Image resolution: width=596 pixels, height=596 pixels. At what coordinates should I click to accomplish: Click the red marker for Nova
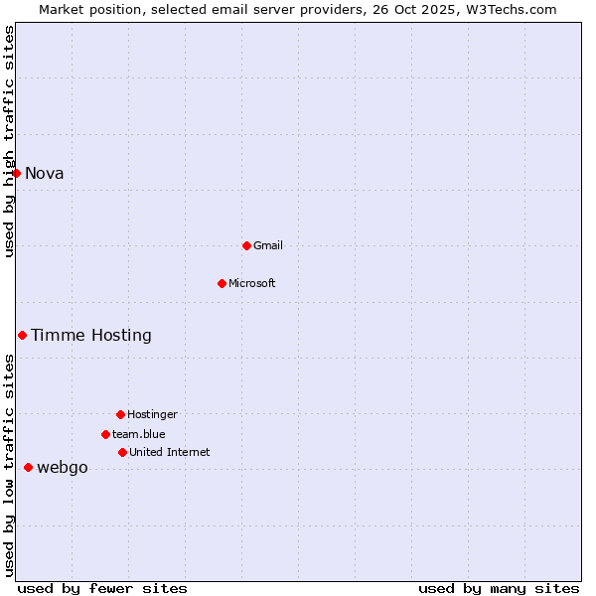click(16, 173)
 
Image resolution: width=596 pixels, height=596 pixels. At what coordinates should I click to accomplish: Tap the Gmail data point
click(246, 245)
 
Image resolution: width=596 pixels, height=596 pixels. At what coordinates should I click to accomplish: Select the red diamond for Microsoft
click(222, 283)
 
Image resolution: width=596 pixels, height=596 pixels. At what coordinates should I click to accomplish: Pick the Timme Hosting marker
click(22, 335)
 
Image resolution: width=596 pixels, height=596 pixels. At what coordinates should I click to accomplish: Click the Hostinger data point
click(120, 414)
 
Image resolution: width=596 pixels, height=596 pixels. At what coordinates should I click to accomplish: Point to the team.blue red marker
click(105, 434)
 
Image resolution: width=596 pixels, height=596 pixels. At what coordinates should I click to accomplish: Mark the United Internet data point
click(122, 452)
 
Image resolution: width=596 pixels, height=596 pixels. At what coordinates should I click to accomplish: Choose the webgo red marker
click(28, 467)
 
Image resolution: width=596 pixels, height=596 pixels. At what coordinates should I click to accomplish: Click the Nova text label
click(45, 173)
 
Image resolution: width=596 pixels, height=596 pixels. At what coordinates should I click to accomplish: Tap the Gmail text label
click(268, 245)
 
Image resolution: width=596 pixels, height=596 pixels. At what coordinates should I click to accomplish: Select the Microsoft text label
click(252, 283)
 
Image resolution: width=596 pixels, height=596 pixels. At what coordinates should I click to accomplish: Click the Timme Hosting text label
click(91, 335)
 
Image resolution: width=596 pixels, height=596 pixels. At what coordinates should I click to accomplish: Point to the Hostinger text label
click(152, 414)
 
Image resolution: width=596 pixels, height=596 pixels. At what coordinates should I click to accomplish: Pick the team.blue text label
click(139, 434)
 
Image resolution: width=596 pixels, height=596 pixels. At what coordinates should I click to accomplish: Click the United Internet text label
click(170, 452)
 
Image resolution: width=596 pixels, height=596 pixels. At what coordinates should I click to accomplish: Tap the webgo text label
click(63, 468)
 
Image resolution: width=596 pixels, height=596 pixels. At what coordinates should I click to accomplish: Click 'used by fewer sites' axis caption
click(102, 588)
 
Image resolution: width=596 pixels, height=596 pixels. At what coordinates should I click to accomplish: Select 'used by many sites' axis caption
click(499, 588)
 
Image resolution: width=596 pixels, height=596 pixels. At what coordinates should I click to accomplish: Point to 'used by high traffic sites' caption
click(9, 142)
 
